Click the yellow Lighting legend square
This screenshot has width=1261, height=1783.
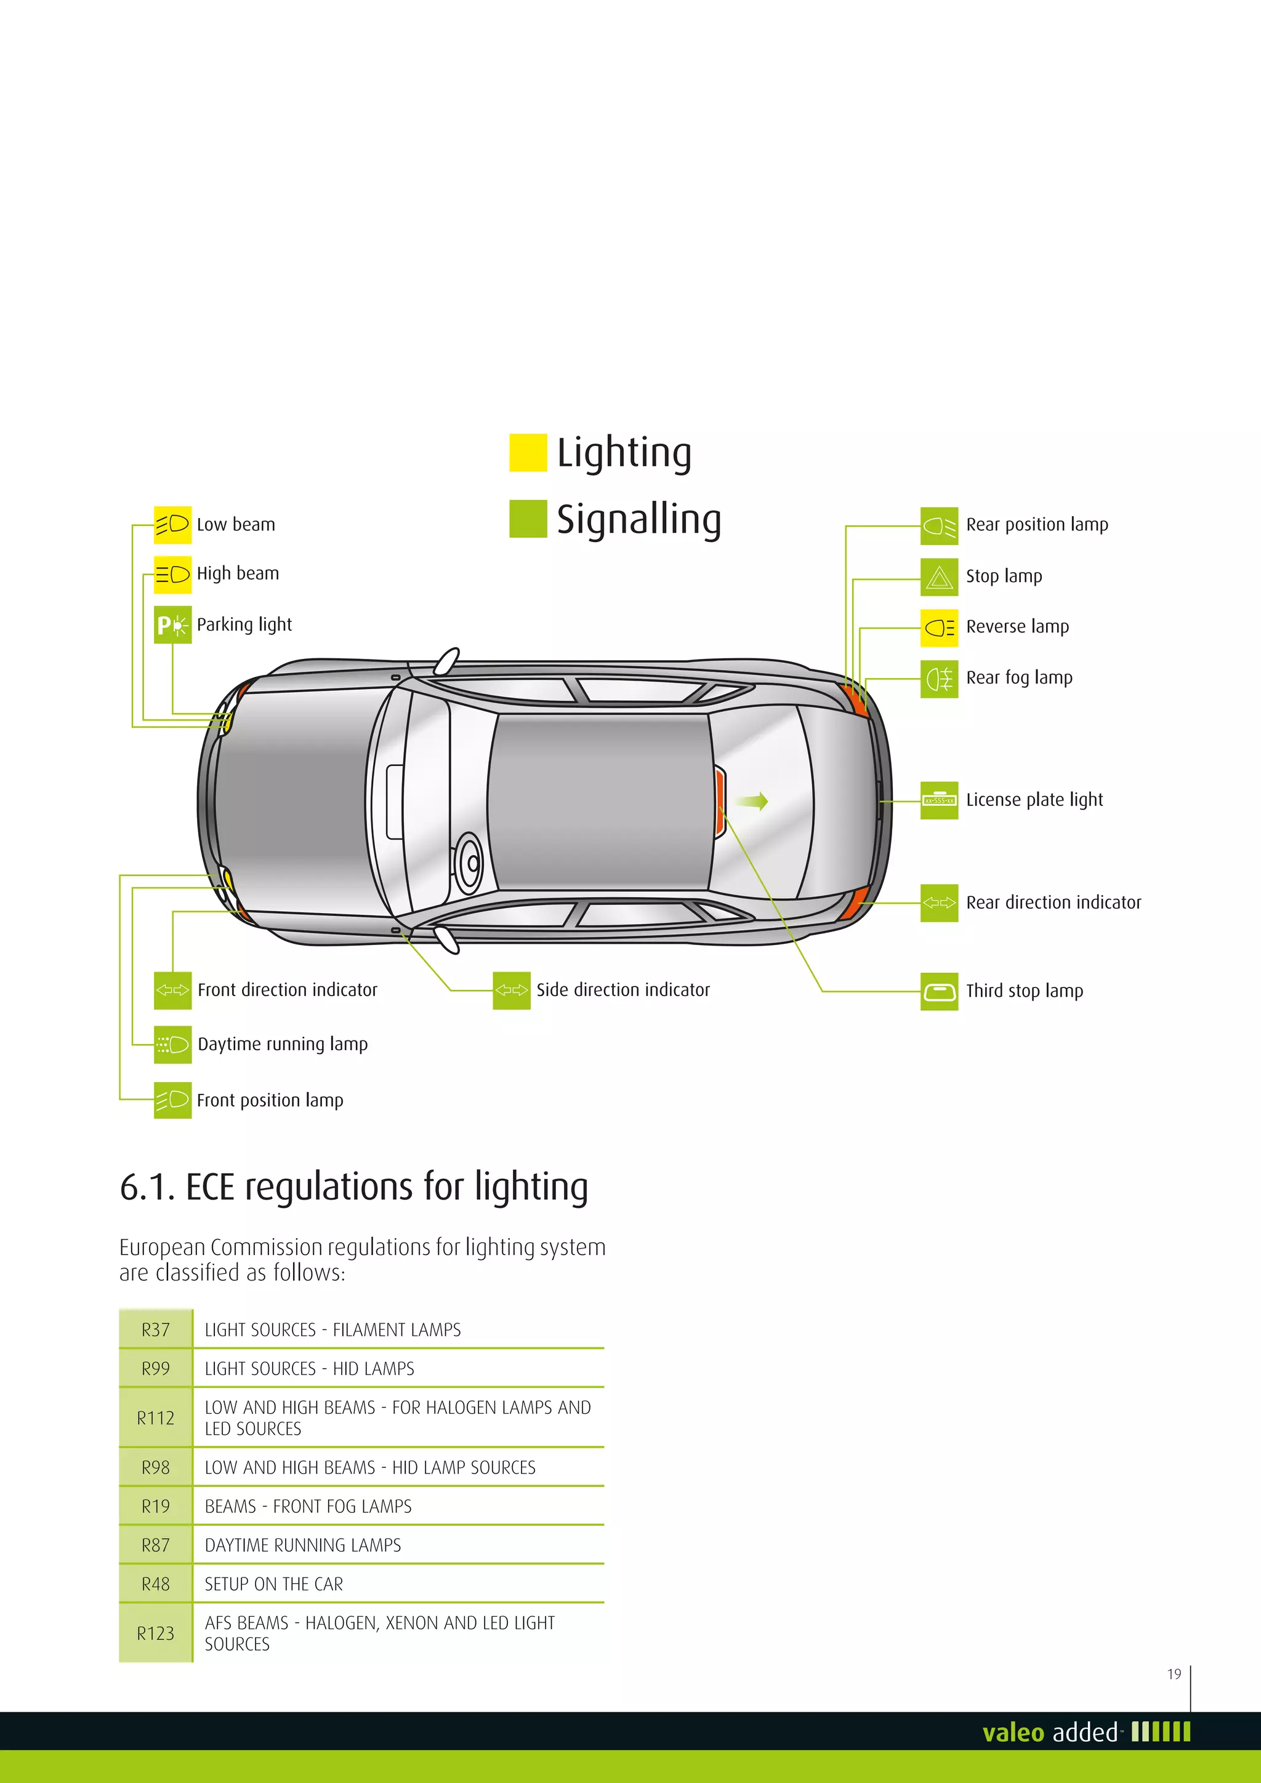[x=528, y=453]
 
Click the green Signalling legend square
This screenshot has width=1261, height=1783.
[x=528, y=519]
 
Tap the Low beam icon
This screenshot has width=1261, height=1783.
[x=172, y=525]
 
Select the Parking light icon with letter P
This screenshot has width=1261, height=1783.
[x=172, y=624]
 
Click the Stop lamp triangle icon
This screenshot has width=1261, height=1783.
[x=938, y=577]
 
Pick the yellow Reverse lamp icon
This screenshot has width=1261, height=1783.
[x=938, y=628]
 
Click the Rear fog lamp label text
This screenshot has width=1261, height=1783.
[x=1018, y=678]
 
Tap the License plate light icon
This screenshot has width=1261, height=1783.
[x=938, y=800]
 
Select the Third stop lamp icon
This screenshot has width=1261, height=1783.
[x=938, y=992]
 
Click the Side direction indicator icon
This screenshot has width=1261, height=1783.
[x=511, y=990]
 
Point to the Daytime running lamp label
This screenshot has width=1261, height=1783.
[x=283, y=1045]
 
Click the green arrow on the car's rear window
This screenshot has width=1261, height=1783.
[x=752, y=802]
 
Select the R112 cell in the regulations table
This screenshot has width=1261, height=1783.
[x=155, y=1418]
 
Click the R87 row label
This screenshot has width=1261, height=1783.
[x=155, y=1546]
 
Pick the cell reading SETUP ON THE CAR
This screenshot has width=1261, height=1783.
[x=273, y=1584]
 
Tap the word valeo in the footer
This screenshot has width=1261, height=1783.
[x=1012, y=1733]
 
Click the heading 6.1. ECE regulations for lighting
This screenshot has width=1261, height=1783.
[x=353, y=1187]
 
